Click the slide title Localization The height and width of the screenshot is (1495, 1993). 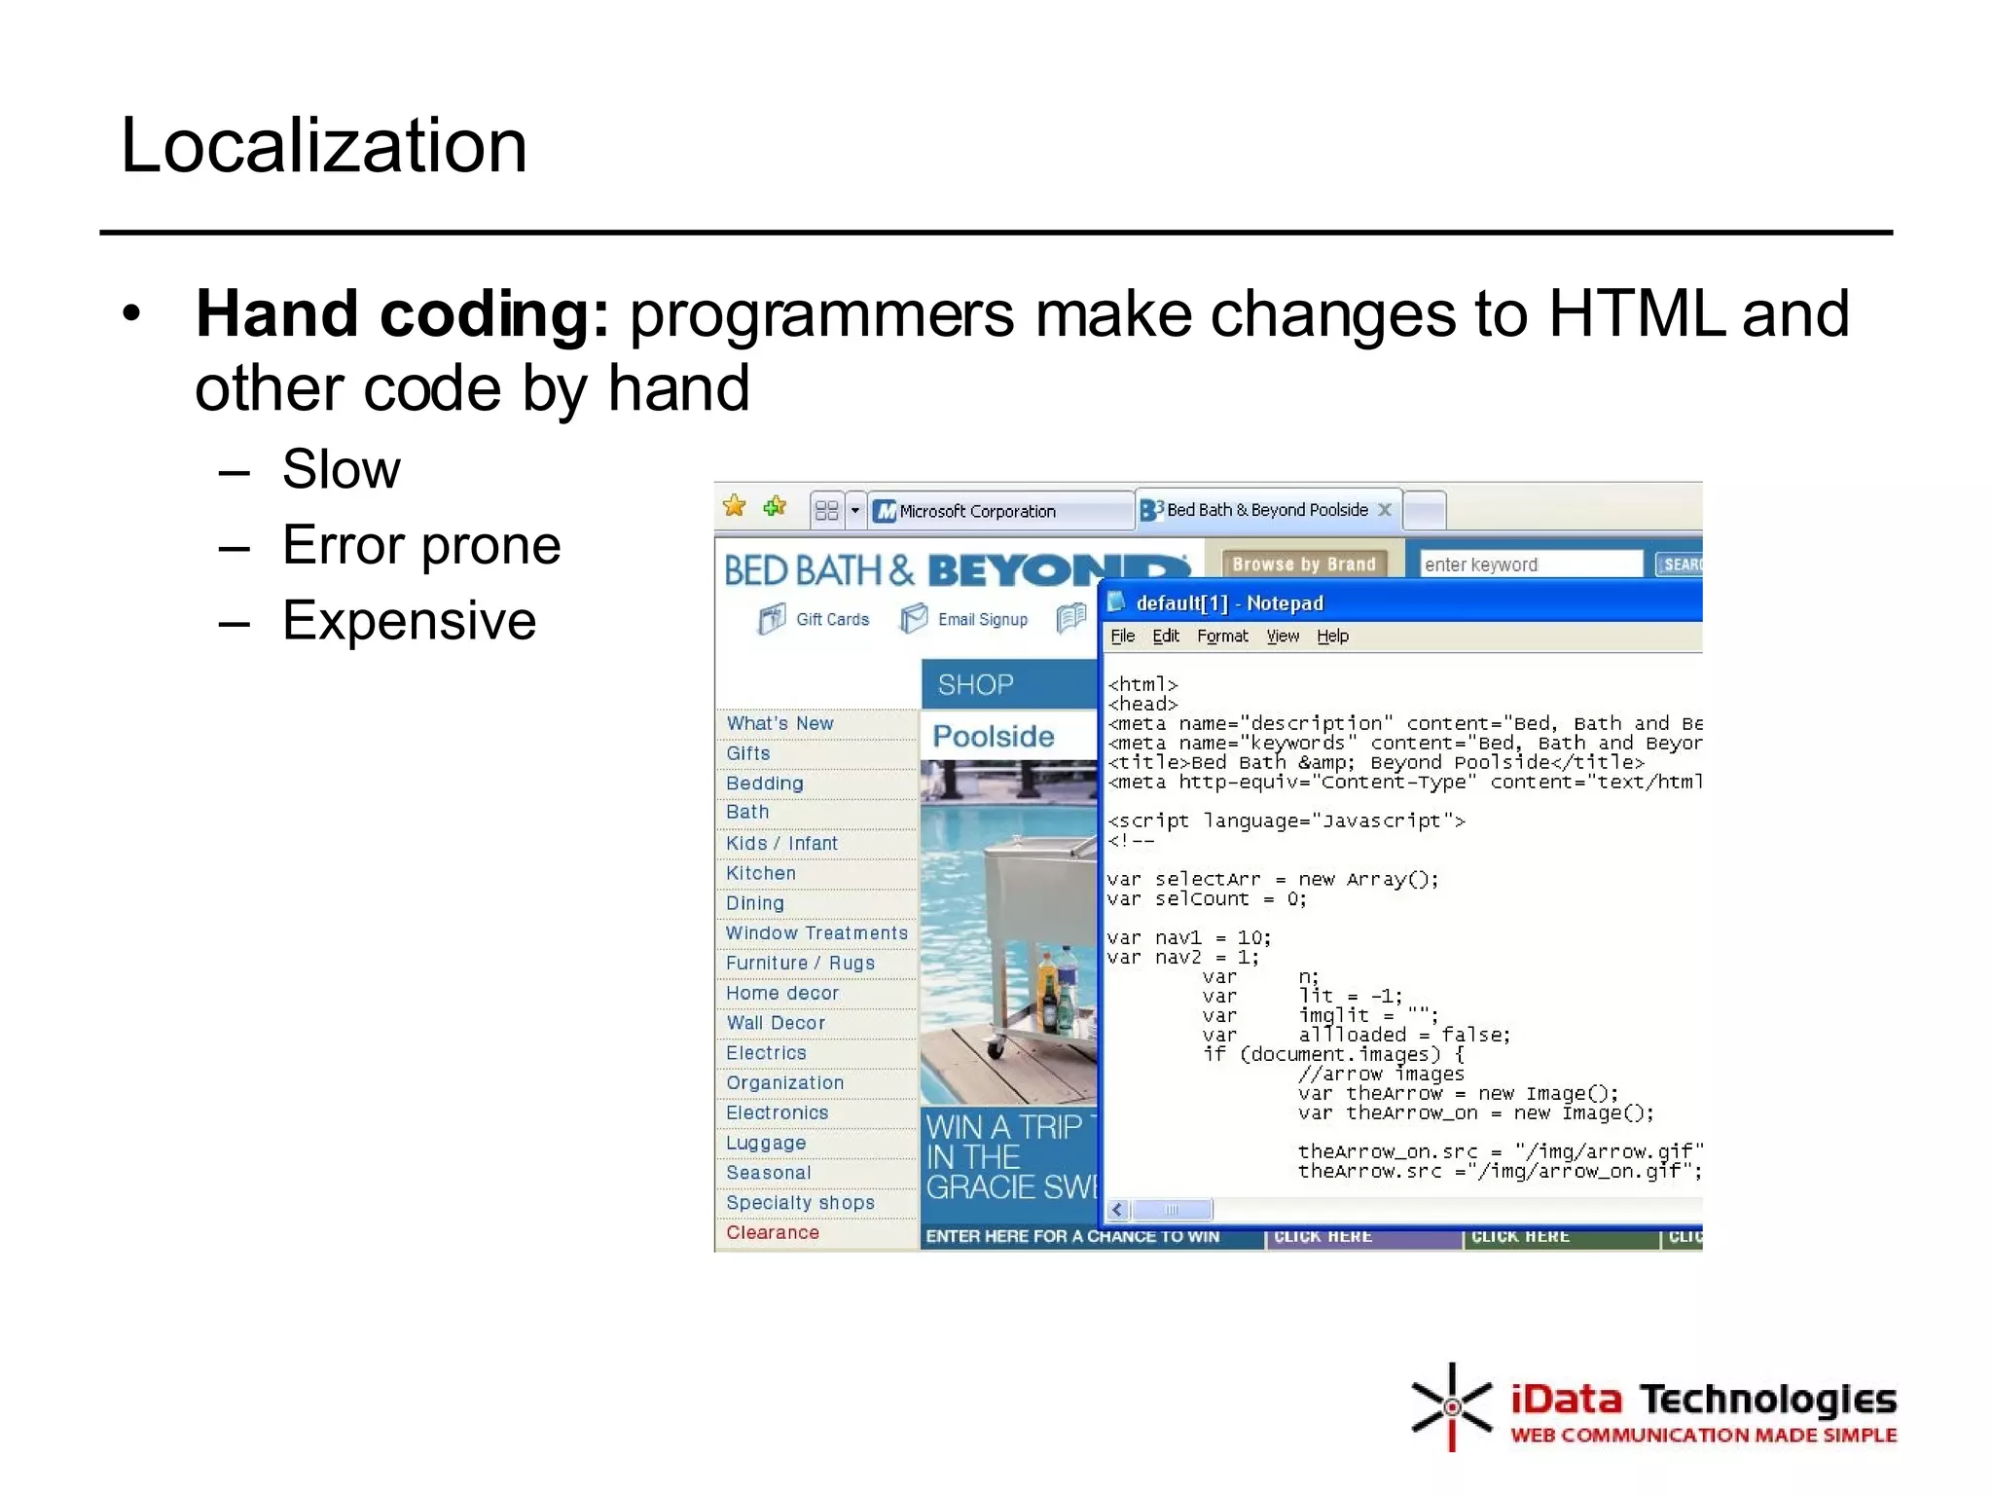coord(323,146)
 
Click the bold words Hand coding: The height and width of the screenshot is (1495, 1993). coord(402,314)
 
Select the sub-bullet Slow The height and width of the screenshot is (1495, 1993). coord(341,470)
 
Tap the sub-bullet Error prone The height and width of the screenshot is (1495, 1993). coord(420,545)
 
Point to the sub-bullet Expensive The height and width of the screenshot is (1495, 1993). coord(409,621)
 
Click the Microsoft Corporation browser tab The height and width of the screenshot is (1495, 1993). coord(976,511)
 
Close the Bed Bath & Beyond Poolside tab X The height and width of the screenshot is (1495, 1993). coord(1385,509)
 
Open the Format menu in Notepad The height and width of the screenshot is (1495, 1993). coord(1221,636)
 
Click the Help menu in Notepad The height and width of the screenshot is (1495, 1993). coord(1332,636)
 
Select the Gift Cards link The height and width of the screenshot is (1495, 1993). coord(831,619)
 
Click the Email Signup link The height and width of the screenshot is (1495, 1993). coord(981,619)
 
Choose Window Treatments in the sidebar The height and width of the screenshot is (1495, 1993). coord(815,933)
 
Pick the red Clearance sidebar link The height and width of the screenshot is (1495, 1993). coord(772,1232)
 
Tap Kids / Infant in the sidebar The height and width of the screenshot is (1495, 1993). coord(780,844)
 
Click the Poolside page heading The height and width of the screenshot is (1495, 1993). coord(993,737)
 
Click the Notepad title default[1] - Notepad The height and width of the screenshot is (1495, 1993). coord(1229,603)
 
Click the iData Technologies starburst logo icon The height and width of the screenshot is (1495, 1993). coord(1450,1407)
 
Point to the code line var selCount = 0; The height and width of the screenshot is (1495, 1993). coord(1206,899)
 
